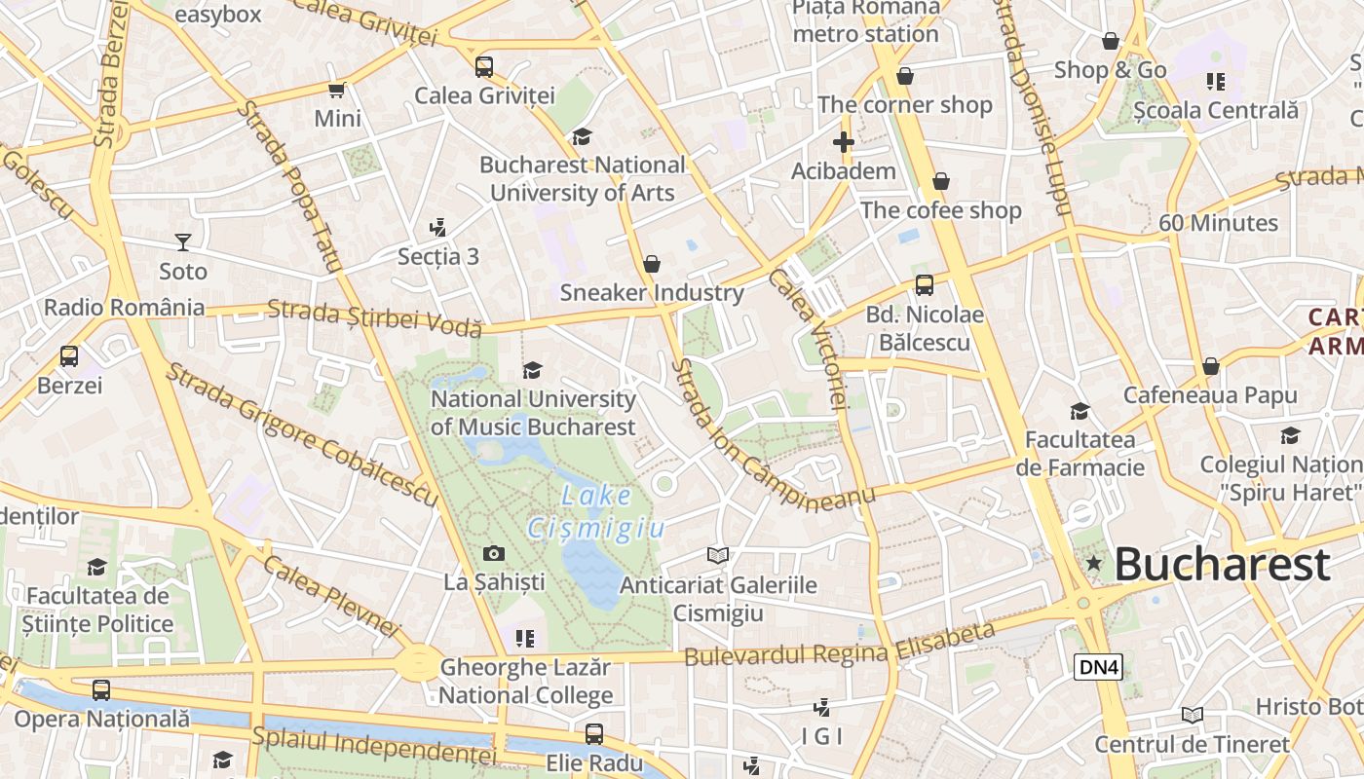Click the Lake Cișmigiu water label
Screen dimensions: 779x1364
pyautogui.click(x=596, y=511)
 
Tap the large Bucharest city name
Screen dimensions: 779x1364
pyautogui.click(x=1222, y=564)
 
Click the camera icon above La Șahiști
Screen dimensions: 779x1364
pyautogui.click(x=494, y=553)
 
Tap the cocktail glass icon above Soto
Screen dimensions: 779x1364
pyautogui.click(x=183, y=241)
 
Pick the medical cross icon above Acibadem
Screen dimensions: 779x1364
pyautogui.click(x=844, y=142)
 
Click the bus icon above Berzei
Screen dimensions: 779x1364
pyautogui.click(x=69, y=356)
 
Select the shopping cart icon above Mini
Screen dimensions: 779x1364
pyautogui.click(x=337, y=90)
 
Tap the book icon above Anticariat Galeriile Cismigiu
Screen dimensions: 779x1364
pyautogui.click(x=718, y=555)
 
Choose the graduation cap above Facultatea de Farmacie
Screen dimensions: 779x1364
pyautogui.click(x=1080, y=411)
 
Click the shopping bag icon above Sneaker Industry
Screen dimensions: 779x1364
pyautogui.click(x=652, y=264)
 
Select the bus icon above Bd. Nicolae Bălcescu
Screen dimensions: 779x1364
pyautogui.click(x=924, y=285)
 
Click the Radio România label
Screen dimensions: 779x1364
pyautogui.click(x=125, y=308)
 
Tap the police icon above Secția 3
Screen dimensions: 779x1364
pyautogui.click(x=438, y=228)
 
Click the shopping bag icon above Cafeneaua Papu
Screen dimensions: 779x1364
pyautogui.click(x=1210, y=366)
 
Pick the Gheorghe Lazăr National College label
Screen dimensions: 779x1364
pyautogui.click(x=526, y=681)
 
